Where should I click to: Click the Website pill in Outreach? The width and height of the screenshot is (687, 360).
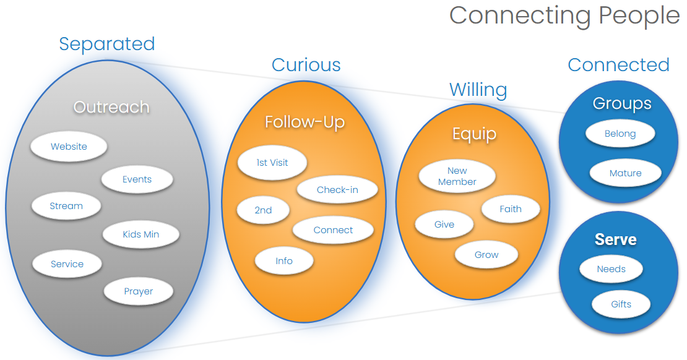click(x=69, y=147)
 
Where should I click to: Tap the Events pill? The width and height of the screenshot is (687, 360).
click(x=137, y=179)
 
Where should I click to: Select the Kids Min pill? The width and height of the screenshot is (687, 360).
click(x=141, y=234)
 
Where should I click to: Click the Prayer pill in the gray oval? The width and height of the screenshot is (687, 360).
click(x=138, y=291)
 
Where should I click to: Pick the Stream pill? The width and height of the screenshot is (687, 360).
click(x=66, y=206)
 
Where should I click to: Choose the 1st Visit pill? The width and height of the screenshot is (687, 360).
click(x=272, y=163)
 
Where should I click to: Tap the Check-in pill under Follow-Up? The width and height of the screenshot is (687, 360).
click(x=337, y=190)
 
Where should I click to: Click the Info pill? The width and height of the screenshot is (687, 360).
click(x=284, y=260)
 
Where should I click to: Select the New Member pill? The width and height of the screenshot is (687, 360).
click(x=457, y=176)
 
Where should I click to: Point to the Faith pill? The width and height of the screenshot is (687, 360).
click(x=511, y=209)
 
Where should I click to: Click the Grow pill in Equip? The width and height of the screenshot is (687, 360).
click(x=486, y=255)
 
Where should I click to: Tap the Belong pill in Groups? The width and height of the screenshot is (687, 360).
click(x=620, y=134)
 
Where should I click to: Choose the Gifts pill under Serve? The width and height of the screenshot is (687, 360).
click(x=621, y=304)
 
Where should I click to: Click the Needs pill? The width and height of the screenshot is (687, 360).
click(x=611, y=269)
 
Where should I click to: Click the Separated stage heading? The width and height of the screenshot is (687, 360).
click(x=107, y=44)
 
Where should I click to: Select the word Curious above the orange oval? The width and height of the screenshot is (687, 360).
click(x=306, y=65)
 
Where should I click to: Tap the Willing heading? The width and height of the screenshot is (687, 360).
click(x=478, y=90)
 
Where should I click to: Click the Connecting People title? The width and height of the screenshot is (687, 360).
click(x=564, y=15)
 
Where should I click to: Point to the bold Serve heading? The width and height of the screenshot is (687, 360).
click(x=615, y=239)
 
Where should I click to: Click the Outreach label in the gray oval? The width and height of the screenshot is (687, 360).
click(x=111, y=107)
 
